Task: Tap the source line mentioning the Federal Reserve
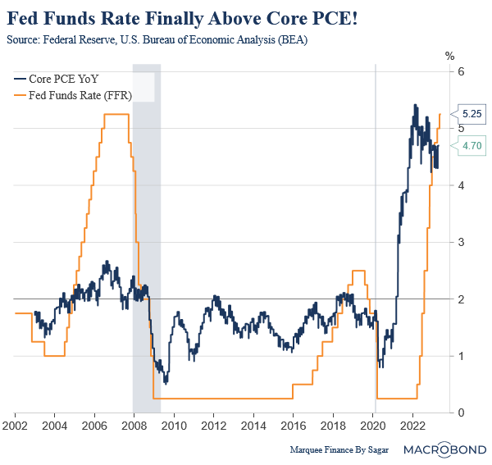tap(157, 39)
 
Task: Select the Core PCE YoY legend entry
tap(56, 79)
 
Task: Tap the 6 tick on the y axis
tap(462, 72)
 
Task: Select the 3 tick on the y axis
tap(462, 243)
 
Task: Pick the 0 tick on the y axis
tap(462, 413)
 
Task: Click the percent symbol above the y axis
tap(449, 56)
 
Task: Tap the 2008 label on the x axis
tap(134, 427)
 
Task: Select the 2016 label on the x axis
tap(294, 427)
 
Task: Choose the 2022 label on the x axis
tap(413, 427)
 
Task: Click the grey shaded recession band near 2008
tap(147, 246)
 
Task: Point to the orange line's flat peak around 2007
tap(116, 114)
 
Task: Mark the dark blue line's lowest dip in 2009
tap(166, 381)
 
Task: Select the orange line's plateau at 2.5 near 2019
tap(358, 271)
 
